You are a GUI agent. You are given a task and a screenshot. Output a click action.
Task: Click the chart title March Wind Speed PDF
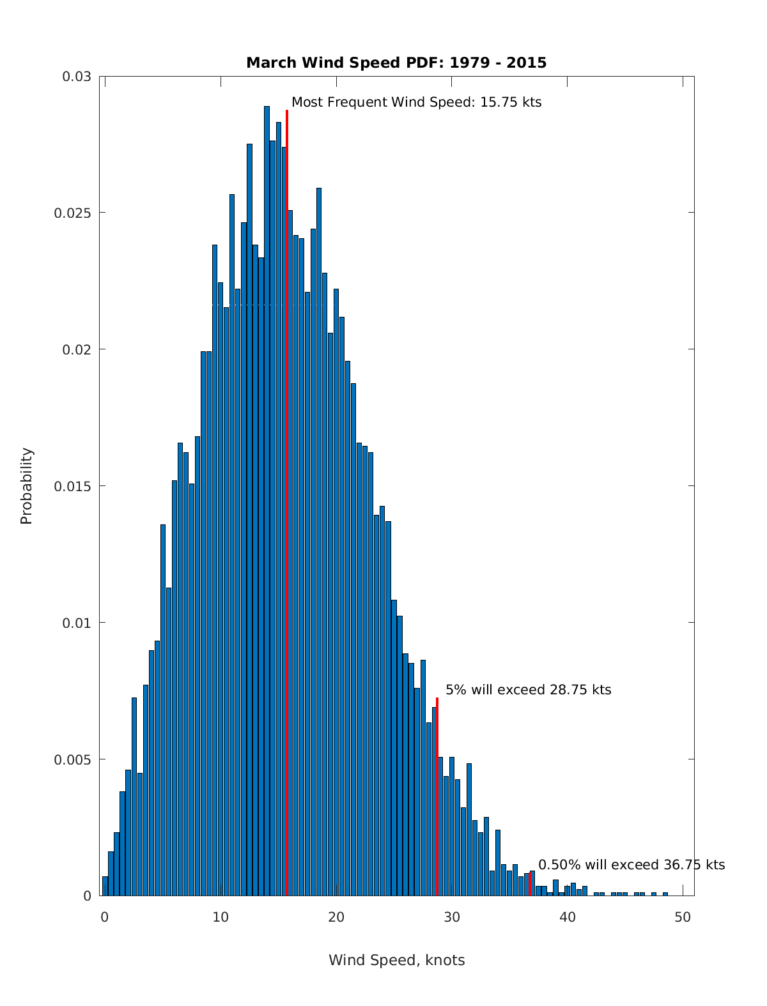click(396, 63)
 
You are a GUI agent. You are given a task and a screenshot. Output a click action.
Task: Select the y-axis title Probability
click(26, 485)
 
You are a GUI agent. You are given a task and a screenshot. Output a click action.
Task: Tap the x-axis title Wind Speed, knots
click(396, 960)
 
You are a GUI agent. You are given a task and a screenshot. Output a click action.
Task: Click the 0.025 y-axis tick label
click(73, 213)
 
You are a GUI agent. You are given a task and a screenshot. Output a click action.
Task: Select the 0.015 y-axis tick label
click(73, 486)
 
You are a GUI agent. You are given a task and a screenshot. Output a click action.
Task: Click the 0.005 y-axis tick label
click(73, 759)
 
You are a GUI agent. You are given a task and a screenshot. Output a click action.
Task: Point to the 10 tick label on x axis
click(221, 917)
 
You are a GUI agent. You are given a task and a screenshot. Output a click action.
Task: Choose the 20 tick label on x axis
click(336, 917)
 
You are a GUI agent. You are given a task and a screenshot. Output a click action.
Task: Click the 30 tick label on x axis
click(452, 917)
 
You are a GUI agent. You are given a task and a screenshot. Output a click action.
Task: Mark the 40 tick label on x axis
click(568, 917)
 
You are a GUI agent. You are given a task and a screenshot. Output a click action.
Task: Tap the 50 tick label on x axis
click(683, 917)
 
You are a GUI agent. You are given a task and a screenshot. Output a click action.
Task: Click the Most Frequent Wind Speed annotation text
click(416, 102)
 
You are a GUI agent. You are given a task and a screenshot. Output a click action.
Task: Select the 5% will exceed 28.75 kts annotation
click(528, 690)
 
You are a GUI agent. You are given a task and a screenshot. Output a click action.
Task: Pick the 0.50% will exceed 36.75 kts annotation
click(631, 865)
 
